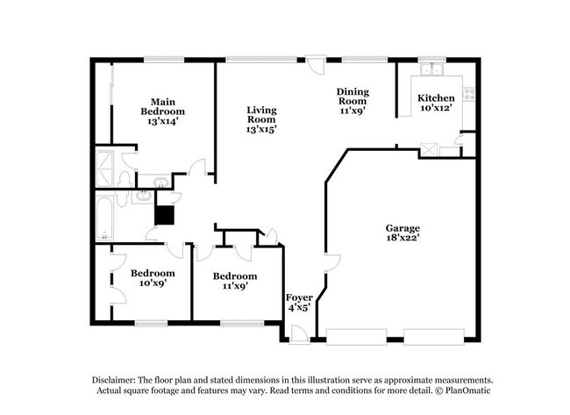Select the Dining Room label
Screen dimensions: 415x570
[352, 101]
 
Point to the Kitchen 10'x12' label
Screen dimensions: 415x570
[436, 103]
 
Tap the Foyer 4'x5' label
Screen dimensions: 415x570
[298, 303]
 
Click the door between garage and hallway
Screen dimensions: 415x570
[325, 264]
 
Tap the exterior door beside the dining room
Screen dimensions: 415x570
[321, 66]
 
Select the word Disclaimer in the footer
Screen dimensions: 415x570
[118, 378]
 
